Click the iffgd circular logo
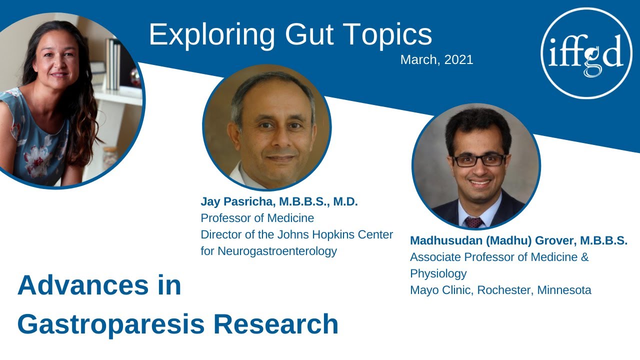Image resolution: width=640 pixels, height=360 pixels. point(586,52)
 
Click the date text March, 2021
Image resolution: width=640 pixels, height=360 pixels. point(436,60)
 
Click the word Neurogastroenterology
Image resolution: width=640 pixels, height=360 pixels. point(268,251)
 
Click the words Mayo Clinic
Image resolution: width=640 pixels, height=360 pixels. point(440,290)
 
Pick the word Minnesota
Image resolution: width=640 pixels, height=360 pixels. point(564,290)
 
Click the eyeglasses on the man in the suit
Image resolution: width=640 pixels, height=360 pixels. point(478,160)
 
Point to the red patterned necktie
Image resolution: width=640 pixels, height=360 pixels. point(473,222)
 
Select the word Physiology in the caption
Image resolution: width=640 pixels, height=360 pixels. point(438,273)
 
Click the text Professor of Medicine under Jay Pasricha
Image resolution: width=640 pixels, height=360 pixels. point(257,218)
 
